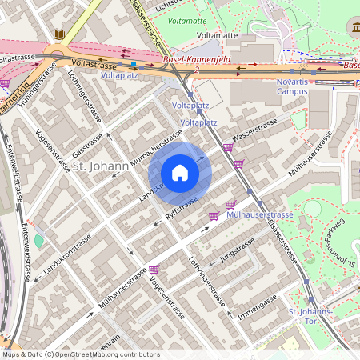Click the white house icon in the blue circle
[180, 173]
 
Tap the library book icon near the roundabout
[59, 34]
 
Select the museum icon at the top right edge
[354, 29]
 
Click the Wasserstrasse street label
[254, 130]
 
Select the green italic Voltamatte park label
[188, 20]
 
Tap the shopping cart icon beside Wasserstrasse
[229, 147]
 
